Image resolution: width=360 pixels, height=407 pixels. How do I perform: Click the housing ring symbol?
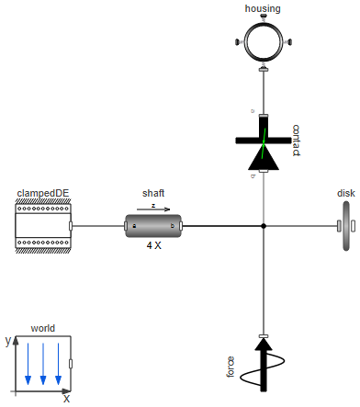pyautogui.click(x=263, y=41)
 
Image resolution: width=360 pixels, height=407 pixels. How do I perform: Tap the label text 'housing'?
pyautogui.click(x=263, y=8)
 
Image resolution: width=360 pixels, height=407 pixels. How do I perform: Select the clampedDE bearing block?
pyautogui.click(x=43, y=225)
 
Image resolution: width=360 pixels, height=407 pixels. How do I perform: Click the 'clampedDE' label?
pyautogui.click(x=43, y=192)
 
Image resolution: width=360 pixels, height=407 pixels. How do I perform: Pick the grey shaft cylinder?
pyautogui.click(x=153, y=225)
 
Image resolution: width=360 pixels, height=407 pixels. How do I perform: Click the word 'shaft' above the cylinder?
pyautogui.click(x=153, y=193)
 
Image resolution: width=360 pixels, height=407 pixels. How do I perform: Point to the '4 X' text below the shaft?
pyautogui.click(x=153, y=246)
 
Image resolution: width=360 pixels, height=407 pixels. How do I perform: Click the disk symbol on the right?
pyautogui.click(x=346, y=225)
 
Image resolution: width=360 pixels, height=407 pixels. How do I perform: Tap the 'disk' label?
pyautogui.click(x=346, y=193)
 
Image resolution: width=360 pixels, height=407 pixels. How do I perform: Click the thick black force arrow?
pyautogui.click(x=264, y=363)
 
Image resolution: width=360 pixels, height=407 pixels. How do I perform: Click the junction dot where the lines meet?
pyautogui.click(x=264, y=225)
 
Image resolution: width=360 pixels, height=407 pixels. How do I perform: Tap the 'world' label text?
pyautogui.click(x=43, y=327)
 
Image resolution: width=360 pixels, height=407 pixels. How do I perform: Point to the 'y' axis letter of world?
pyautogui.click(x=7, y=340)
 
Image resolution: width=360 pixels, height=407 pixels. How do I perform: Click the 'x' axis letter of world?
pyautogui.click(x=66, y=399)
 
